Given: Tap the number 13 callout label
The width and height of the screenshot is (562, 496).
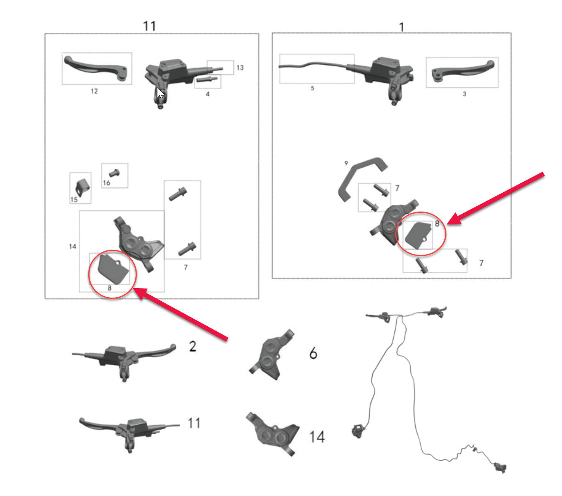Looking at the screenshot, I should coord(240,68).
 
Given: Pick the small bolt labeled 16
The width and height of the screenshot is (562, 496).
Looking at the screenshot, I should coord(114,173).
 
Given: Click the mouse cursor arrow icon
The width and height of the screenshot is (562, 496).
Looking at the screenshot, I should coord(160,93).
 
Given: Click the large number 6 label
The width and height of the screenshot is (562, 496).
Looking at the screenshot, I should coord(313,353).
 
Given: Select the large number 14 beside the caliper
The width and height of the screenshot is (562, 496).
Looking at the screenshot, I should coord(317,437).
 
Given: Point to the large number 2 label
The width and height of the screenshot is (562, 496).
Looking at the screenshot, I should coord(193,347).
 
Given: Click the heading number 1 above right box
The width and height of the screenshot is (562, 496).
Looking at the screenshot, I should coord(401,27).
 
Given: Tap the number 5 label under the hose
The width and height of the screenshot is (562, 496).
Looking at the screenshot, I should coord(312,88).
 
